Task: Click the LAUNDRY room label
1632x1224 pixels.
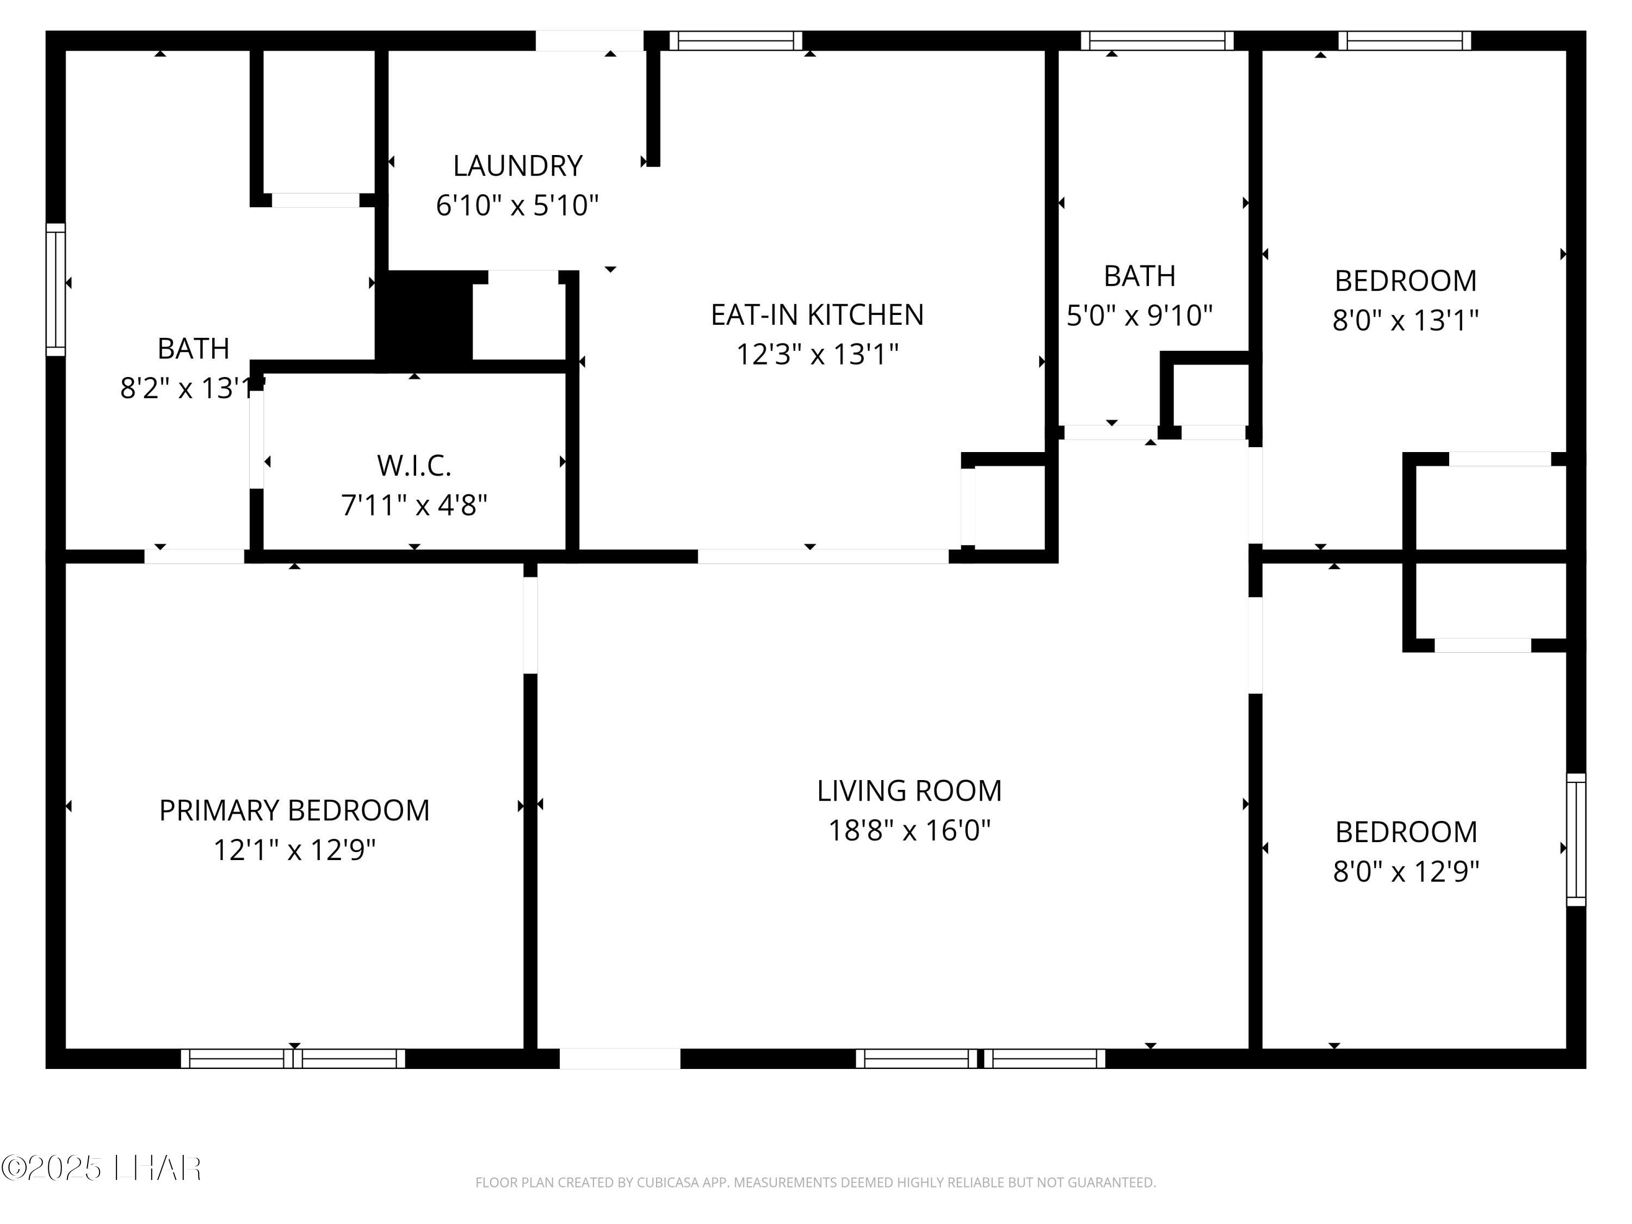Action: coord(517,166)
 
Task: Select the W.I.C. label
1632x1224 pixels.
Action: coord(414,466)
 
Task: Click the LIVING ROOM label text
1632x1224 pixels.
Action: coord(909,791)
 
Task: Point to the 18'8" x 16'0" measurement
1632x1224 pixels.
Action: coord(909,831)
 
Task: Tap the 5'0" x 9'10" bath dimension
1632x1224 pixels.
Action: coord(1139,316)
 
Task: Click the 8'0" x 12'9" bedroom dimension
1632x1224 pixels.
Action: coord(1406,872)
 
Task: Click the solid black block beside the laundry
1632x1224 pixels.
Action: coord(425,317)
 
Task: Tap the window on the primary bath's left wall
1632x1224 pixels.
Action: coord(56,289)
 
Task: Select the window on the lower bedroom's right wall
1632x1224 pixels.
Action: coord(1576,839)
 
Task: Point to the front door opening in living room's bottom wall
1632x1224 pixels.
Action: coord(620,1059)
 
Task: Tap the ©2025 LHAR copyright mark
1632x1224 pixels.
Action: coord(101,1169)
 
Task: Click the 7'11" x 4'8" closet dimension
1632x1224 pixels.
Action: coord(414,505)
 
